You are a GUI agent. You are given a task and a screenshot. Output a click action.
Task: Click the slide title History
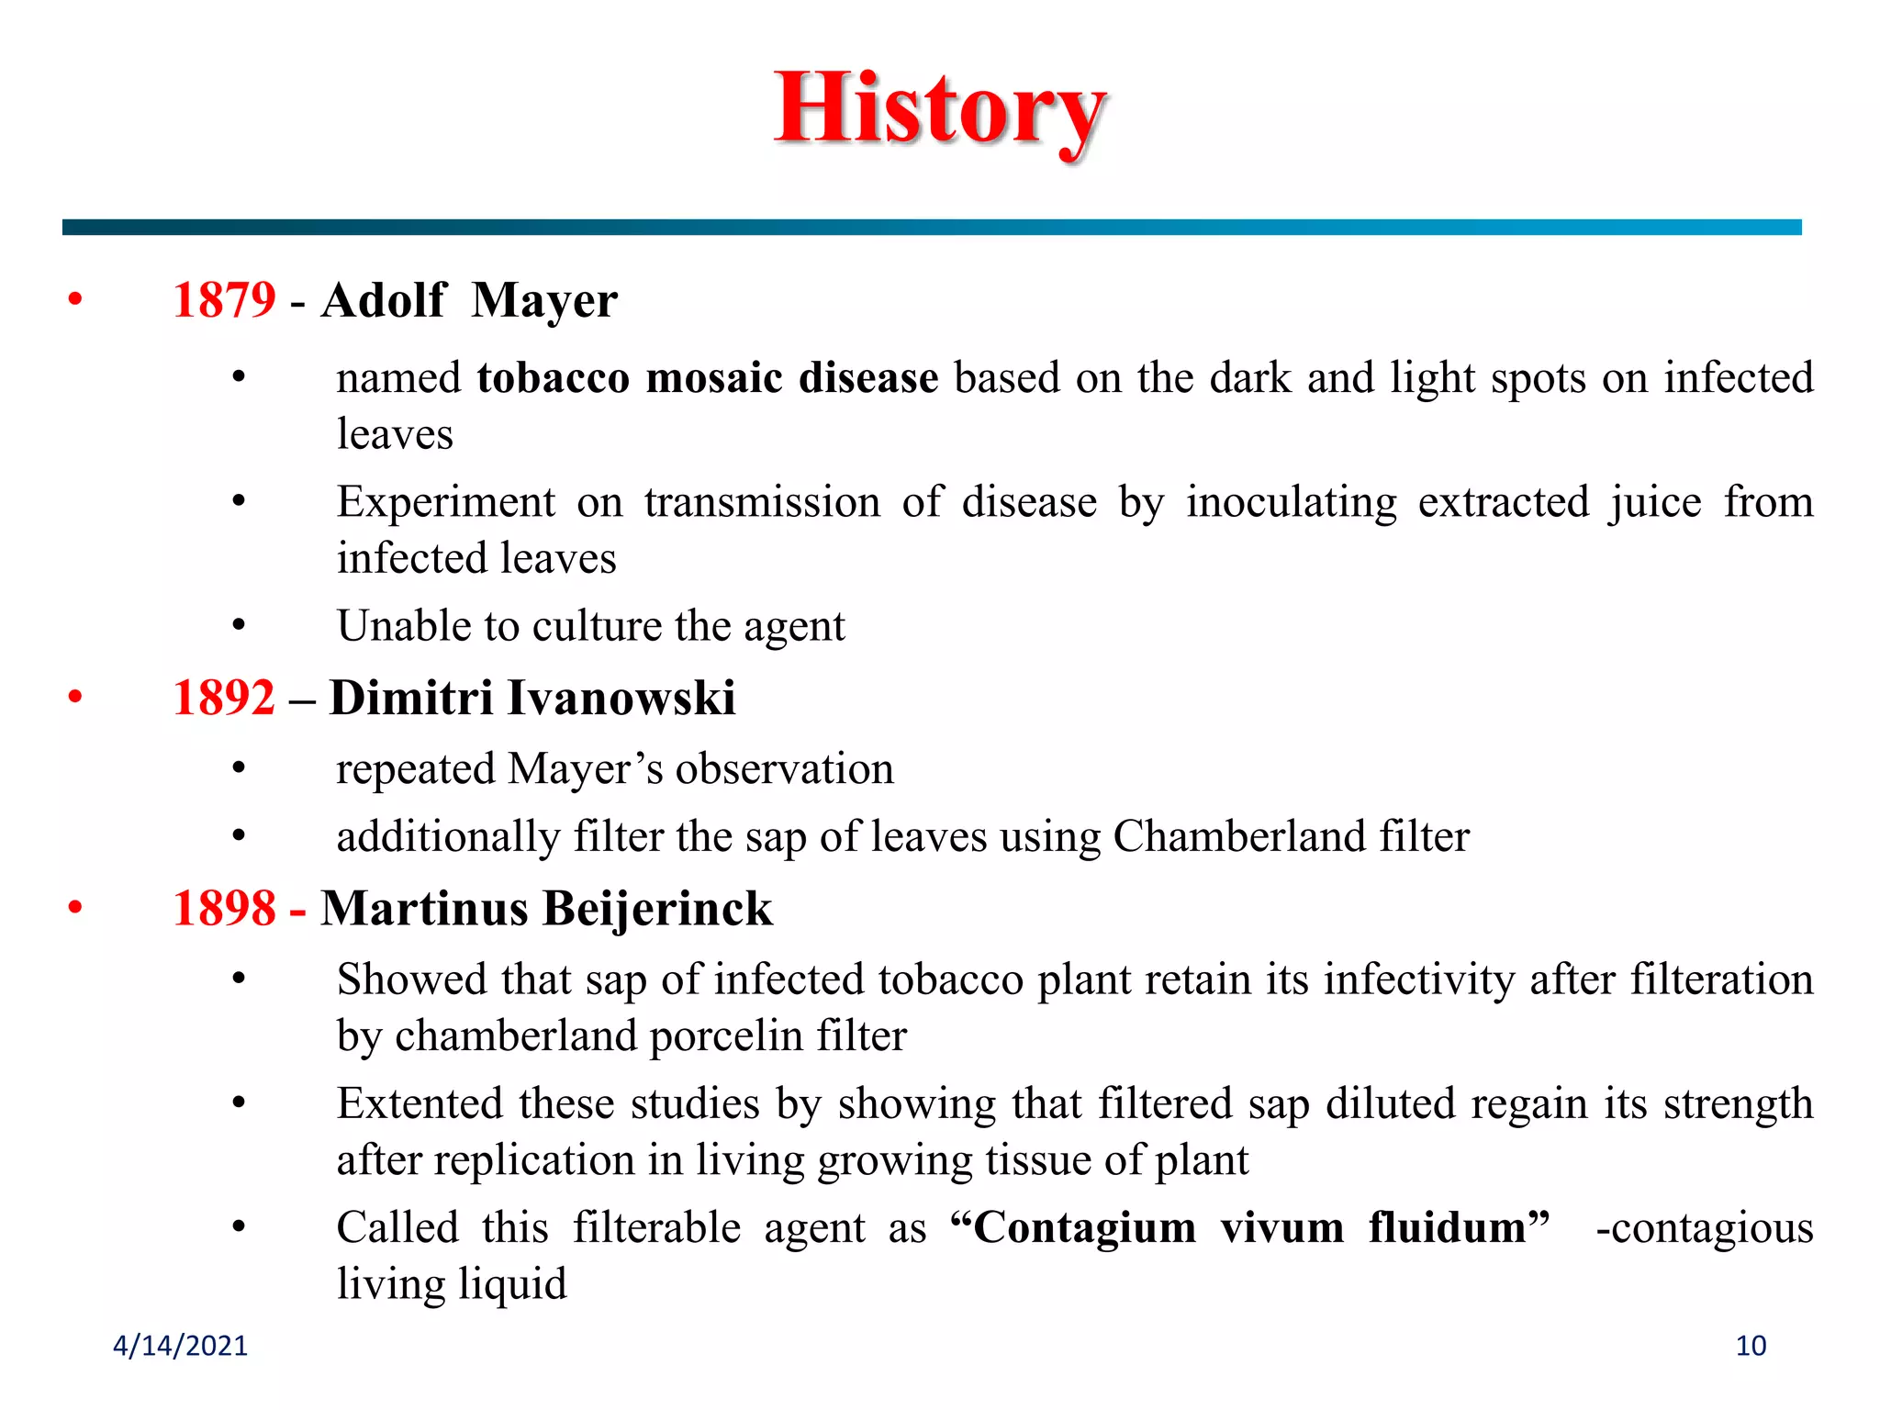[x=940, y=110]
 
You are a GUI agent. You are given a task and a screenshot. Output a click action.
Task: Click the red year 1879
[x=224, y=300]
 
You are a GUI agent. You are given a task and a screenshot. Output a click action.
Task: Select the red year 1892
[x=224, y=698]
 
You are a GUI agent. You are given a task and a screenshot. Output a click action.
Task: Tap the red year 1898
[x=224, y=909]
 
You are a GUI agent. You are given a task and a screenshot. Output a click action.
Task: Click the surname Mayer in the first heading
[x=544, y=301]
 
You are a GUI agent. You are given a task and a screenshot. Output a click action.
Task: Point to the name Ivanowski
[x=621, y=698]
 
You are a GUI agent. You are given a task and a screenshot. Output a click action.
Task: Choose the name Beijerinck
[x=657, y=909]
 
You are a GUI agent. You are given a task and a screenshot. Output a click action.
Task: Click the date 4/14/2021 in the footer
[x=180, y=1346]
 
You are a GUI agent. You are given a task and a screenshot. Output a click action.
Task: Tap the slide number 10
[x=1751, y=1346]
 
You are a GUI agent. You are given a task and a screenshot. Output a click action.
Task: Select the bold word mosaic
[x=714, y=378]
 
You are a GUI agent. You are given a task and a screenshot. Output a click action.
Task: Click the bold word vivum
[x=1281, y=1228]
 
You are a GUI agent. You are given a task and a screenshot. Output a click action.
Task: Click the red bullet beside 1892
[x=75, y=697]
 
